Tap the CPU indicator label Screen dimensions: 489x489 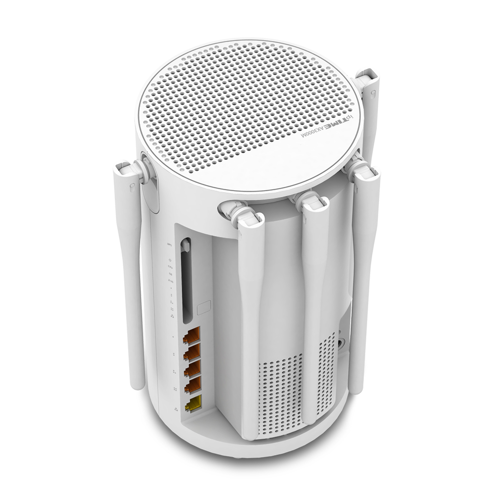pyautogui.click(x=170, y=268)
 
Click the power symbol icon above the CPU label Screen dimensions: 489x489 pyautogui.click(x=170, y=260)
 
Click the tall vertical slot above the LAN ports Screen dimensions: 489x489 pyautogui.click(x=186, y=279)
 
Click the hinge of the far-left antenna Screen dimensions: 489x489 pyautogui.click(x=141, y=169)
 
